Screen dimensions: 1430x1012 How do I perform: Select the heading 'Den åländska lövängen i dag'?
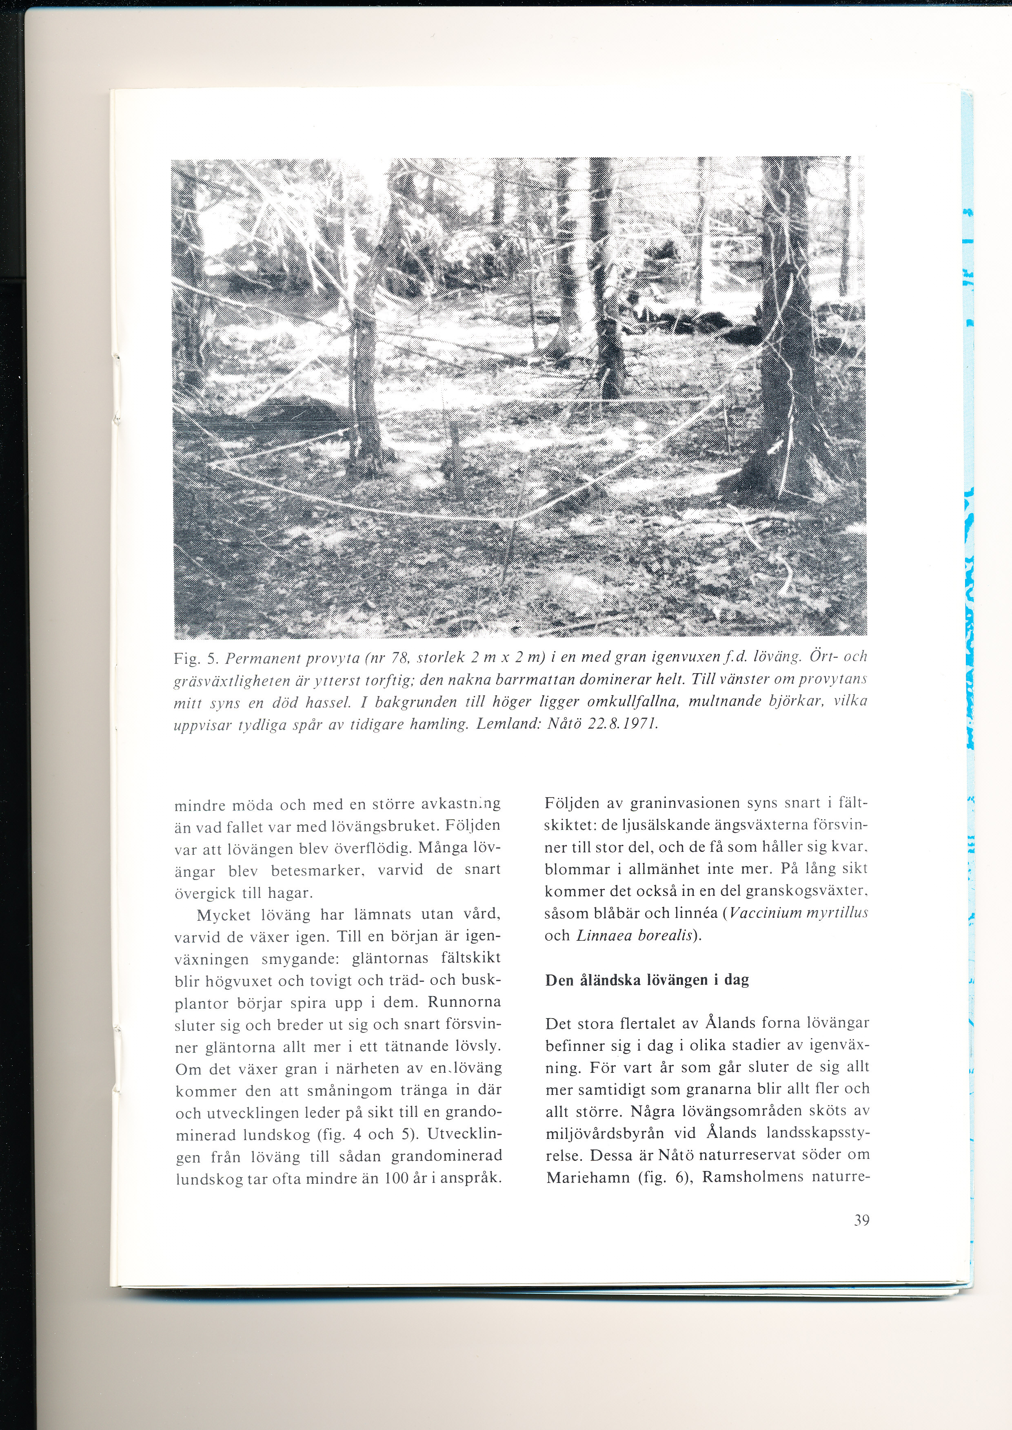point(647,980)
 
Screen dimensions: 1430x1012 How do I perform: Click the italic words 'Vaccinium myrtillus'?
point(798,914)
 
